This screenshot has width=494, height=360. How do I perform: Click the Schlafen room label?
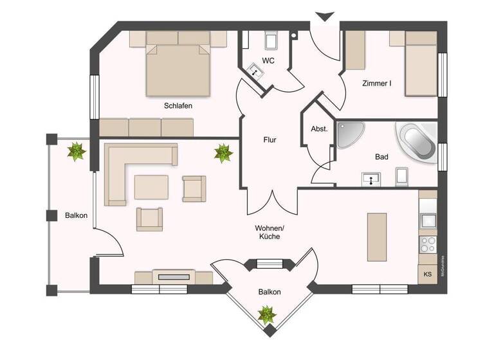(x=178, y=106)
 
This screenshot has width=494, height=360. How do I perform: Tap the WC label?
(x=270, y=61)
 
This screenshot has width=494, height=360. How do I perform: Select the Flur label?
(x=270, y=139)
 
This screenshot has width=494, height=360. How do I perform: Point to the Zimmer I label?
(x=377, y=83)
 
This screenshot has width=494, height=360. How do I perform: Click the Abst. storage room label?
(x=320, y=129)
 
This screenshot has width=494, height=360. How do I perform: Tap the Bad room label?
(x=381, y=156)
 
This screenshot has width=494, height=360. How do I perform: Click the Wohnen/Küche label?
(x=269, y=232)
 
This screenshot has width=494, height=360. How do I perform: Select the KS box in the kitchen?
(x=428, y=274)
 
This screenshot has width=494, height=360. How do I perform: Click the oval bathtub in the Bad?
(x=418, y=141)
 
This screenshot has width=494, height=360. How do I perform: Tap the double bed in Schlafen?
(x=178, y=66)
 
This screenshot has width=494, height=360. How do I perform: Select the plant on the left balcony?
(x=77, y=152)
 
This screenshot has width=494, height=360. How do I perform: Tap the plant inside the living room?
(x=223, y=153)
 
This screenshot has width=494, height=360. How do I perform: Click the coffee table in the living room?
(x=151, y=188)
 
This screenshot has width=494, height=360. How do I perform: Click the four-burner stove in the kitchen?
(x=428, y=245)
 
